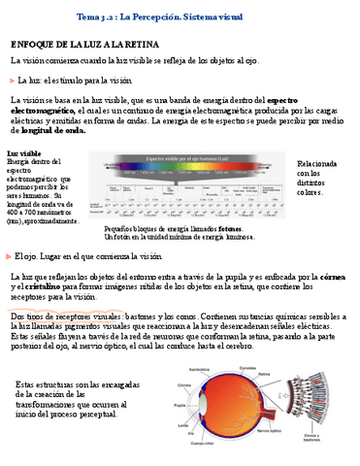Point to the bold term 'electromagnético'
45,110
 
